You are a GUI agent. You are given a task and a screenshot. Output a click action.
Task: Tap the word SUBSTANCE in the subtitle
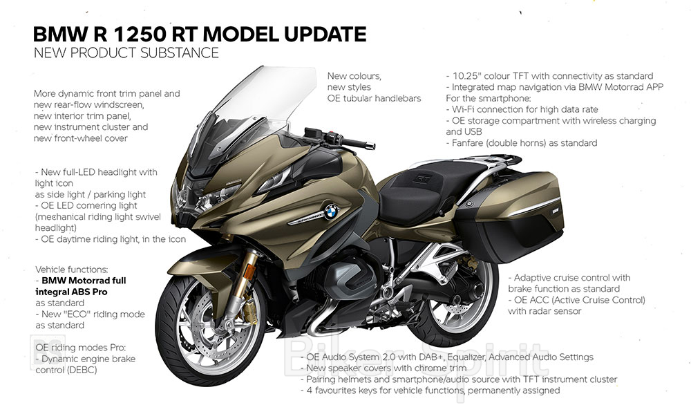pos(180,53)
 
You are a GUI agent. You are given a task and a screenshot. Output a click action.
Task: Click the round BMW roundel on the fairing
pos(331,212)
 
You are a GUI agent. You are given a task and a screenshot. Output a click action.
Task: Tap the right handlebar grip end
pos(373,146)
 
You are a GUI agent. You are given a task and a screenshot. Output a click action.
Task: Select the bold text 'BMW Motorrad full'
pos(84,281)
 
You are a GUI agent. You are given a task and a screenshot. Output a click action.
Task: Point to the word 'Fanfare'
pos(468,143)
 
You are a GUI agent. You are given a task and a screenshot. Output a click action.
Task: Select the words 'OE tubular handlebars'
pos(374,98)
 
